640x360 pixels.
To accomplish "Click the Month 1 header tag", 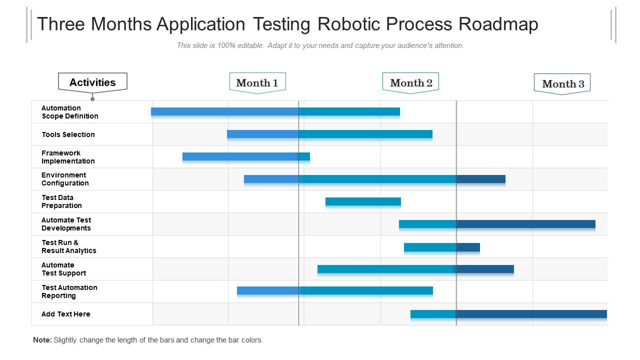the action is pos(257,83).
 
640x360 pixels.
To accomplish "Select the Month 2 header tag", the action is pos(410,83).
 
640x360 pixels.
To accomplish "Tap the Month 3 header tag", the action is pos(562,84).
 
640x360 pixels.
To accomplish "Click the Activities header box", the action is pos(92,82).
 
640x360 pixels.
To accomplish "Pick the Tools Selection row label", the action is pos(68,134).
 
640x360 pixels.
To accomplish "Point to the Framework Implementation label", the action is pos(68,157).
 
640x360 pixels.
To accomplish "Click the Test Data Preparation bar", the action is pos(363,201).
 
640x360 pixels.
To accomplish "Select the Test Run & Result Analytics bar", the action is pos(441,247).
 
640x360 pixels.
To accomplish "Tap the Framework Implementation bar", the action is pos(246,156).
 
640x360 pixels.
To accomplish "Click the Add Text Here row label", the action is pos(66,314).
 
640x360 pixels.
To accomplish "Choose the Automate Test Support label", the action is pos(63,269).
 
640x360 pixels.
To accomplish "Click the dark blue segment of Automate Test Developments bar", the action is pos(525,224).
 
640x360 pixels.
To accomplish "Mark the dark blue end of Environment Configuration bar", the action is pos(480,179).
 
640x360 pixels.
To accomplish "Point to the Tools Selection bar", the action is pos(329,134).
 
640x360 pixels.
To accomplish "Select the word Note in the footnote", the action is pos(42,340).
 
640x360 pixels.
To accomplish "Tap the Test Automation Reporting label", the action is pos(69,291).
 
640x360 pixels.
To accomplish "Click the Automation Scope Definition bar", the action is pos(275,111).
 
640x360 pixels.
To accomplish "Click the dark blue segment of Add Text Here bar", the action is pos(531,314).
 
